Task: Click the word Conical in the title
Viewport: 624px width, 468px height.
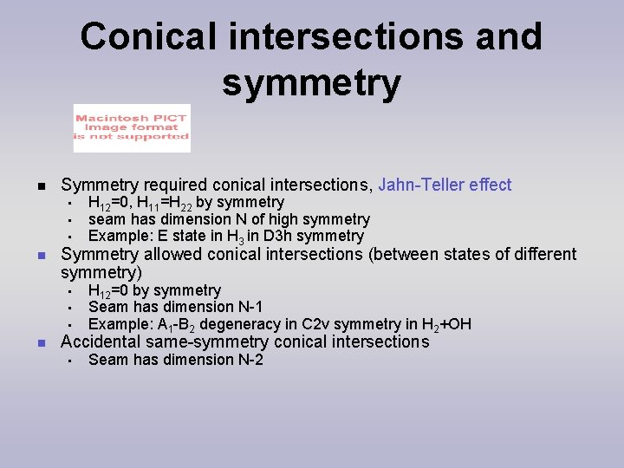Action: point(146,37)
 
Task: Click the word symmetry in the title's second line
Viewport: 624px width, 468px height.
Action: point(311,84)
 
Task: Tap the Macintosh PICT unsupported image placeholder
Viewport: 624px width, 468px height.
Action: point(131,128)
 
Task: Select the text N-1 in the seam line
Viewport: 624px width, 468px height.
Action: point(248,307)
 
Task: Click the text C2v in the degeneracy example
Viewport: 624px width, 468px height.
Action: point(296,325)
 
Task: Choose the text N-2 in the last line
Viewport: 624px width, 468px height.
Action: point(248,360)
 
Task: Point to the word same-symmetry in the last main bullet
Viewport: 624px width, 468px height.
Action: point(205,341)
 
